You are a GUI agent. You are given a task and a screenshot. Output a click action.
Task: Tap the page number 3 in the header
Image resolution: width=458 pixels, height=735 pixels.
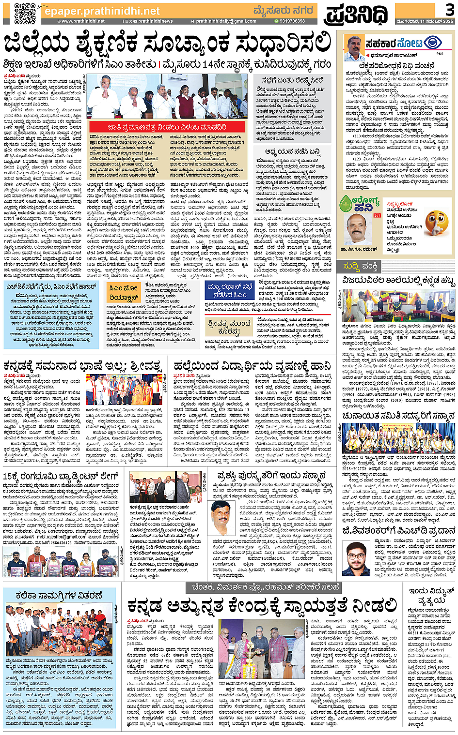pos(450,10)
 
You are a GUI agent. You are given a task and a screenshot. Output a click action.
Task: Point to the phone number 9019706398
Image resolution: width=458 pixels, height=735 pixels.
pos(292,21)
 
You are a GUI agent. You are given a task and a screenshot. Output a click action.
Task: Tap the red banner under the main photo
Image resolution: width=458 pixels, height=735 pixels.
pos(167,127)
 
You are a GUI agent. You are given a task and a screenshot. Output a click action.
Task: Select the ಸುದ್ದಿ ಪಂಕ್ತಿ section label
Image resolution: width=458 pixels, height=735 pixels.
pos(360,267)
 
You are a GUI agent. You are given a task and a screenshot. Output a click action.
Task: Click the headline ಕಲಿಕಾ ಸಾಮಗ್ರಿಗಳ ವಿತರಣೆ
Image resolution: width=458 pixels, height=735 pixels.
pos(59,596)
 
